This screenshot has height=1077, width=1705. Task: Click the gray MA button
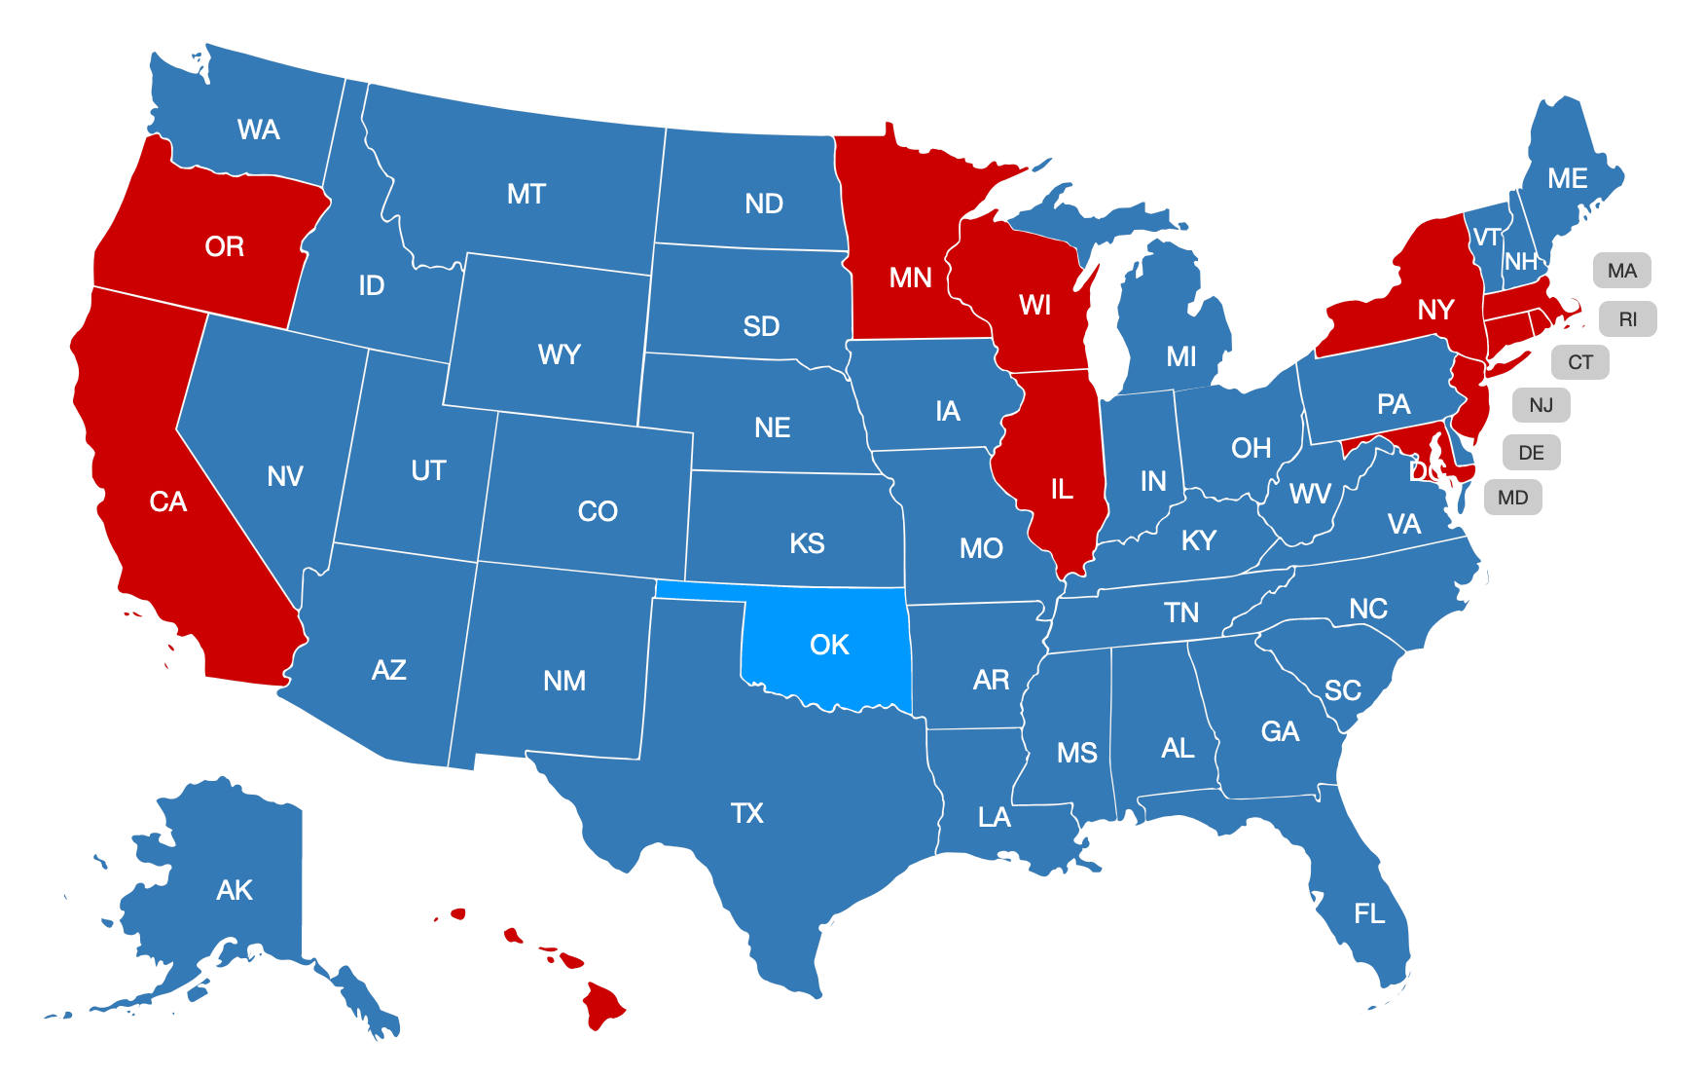pos(1621,271)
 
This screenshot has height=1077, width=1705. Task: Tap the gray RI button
pos(1627,319)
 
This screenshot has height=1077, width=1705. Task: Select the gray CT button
pos(1579,362)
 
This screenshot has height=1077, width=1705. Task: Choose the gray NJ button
pos(1541,405)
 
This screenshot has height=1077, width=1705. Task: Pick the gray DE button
pos(1531,453)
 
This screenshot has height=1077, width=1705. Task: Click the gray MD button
pos(1512,498)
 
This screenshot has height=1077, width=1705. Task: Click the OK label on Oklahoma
pos(829,645)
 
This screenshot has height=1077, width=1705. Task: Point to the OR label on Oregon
pos(224,246)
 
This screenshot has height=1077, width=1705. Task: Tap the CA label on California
pos(167,501)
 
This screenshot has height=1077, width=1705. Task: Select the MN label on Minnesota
pos(910,279)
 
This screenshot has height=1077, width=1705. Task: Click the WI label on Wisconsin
pos(1034,305)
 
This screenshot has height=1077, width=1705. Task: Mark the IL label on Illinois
pos(1062,489)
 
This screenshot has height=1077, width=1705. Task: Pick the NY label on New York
pos(1435,310)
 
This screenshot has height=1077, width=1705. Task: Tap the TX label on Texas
pos(746,813)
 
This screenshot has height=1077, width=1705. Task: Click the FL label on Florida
pos(1368,913)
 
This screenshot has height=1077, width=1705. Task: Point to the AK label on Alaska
pos(235,890)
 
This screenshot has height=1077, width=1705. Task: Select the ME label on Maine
pos(1567,178)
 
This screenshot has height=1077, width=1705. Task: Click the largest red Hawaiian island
pos(602,1004)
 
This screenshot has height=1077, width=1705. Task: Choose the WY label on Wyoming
pos(559,354)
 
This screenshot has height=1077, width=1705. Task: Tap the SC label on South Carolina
pos(1342,690)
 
